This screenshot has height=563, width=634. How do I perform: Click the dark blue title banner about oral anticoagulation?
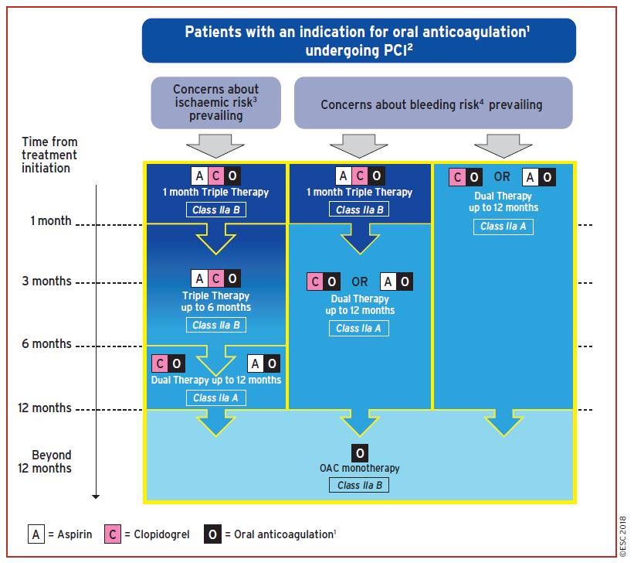pyautogui.click(x=359, y=40)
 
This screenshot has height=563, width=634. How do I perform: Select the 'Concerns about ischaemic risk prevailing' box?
pyautogui.click(x=216, y=103)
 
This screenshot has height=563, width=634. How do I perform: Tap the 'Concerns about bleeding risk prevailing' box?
pyautogui.click(x=433, y=103)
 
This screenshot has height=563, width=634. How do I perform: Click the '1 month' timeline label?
pyautogui.click(x=51, y=220)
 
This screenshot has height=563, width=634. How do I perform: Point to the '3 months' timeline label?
pyautogui.click(x=47, y=281)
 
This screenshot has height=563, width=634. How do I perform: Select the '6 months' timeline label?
pyautogui.click(x=47, y=343)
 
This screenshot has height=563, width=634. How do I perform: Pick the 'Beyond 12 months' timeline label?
pyautogui.click(x=45, y=462)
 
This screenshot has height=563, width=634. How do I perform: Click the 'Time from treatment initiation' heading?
pyautogui.click(x=49, y=155)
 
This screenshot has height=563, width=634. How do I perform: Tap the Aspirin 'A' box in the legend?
pyautogui.click(x=36, y=534)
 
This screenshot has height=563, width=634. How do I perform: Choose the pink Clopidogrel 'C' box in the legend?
pyautogui.click(x=113, y=534)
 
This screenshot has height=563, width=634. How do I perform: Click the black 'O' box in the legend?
pyautogui.click(x=212, y=534)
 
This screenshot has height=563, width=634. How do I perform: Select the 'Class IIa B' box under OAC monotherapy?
pyautogui.click(x=359, y=485)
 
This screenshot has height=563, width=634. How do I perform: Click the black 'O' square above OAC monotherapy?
pyautogui.click(x=360, y=453)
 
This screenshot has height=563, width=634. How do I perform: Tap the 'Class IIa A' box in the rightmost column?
pyautogui.click(x=503, y=227)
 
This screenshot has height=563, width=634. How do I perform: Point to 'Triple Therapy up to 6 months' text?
pyautogui.click(x=216, y=302)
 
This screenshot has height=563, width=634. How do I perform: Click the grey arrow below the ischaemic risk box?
pyautogui.click(x=215, y=146)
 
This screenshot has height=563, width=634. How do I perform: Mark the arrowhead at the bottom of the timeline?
pyautogui.click(x=96, y=496)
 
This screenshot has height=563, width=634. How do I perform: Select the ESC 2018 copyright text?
pyautogui.click(x=623, y=537)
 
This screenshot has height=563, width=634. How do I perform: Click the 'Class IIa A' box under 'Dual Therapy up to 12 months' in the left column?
pyautogui.click(x=216, y=398)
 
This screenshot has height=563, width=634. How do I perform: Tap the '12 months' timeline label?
pyautogui.click(x=45, y=408)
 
